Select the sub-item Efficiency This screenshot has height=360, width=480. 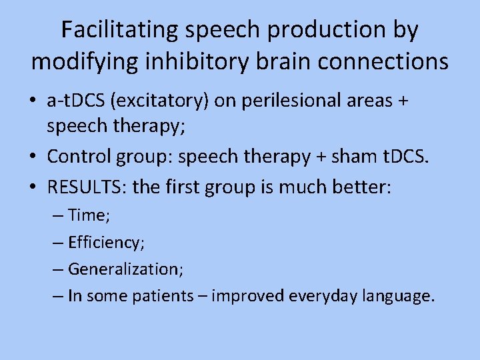pyautogui.click(x=106, y=243)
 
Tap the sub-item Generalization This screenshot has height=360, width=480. pyautogui.click(x=126, y=269)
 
